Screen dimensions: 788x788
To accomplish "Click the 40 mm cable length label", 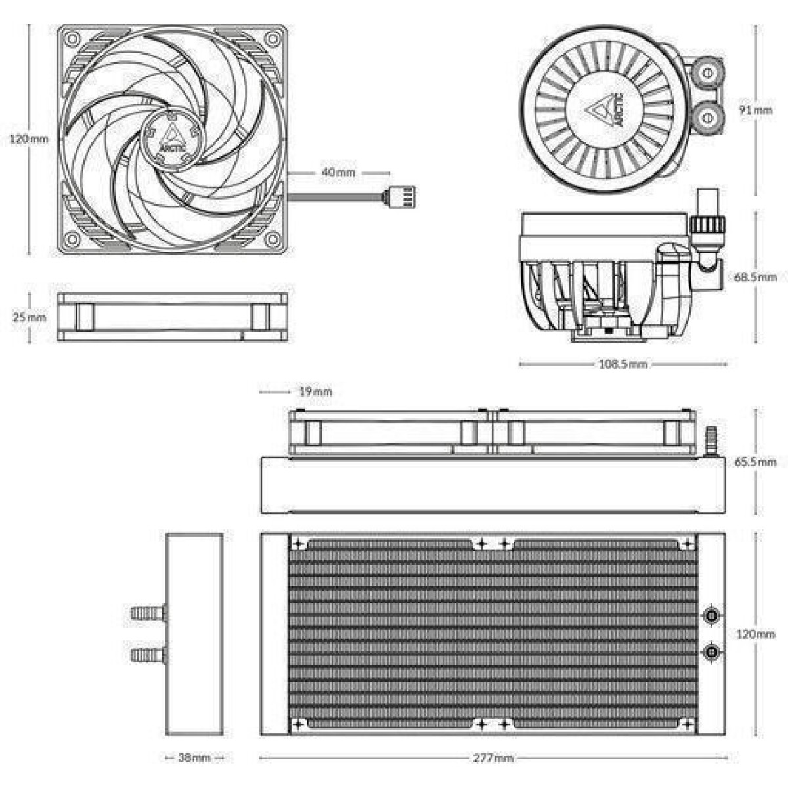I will point(338,172).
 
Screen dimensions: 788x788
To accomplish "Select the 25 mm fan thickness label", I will point(30,317).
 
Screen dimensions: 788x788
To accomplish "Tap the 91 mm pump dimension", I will point(755,110).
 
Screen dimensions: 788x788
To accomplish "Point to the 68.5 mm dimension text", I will point(755,277).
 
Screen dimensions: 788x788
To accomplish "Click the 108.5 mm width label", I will point(623,364).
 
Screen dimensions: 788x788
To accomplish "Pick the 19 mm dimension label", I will point(315,392).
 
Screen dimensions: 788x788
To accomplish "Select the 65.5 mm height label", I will point(755,462).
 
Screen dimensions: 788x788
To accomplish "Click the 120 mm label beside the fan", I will point(29,139).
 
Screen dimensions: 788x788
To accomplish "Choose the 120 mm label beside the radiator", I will point(756,634).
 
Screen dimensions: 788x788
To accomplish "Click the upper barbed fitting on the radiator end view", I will point(148,613).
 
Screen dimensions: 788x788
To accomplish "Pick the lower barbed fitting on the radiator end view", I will point(148,655).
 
